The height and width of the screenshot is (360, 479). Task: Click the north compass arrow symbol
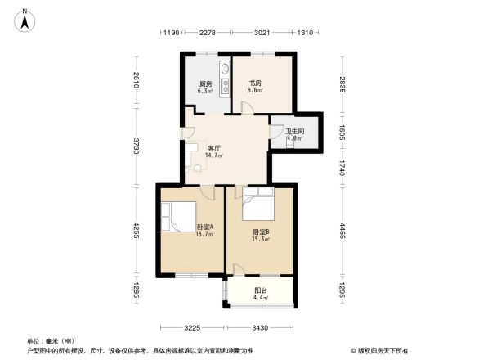click(26, 18)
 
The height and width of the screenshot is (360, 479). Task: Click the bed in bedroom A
click(178, 217)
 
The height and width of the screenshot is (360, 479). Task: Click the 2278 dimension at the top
click(207, 33)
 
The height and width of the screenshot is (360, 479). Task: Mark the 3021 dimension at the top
click(262, 33)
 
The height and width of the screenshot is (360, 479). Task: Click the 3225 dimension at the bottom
click(192, 327)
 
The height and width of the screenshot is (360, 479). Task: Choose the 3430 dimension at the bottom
click(262, 327)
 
